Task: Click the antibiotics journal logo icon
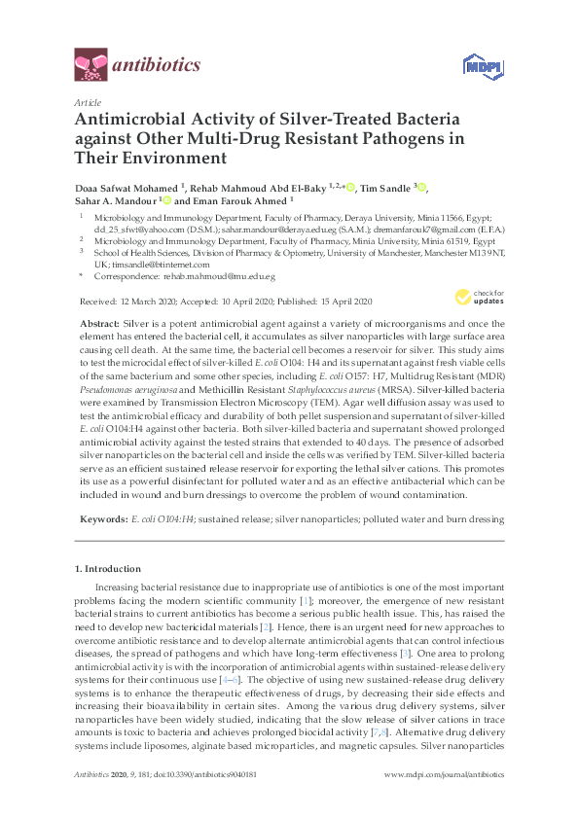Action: tap(90, 65)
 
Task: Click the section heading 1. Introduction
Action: tap(107, 567)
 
